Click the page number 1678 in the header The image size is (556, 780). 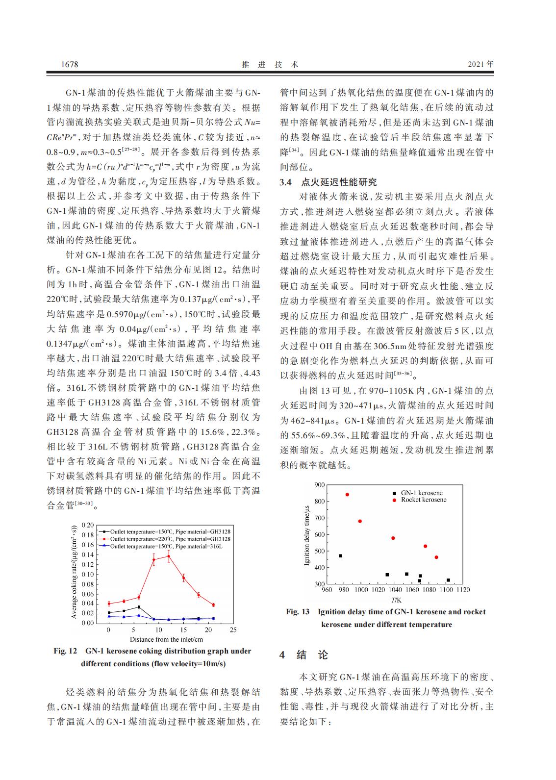69,64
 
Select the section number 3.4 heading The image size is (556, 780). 286,182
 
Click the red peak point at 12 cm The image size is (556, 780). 169,556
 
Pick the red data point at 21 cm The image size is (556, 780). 213,604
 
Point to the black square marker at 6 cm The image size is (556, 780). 139,607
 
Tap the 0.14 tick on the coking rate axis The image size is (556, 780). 88,554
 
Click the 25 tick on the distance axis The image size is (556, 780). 233,629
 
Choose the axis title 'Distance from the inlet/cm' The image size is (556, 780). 166,639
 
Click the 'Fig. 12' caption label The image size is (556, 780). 66,651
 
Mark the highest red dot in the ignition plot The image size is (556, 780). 347,494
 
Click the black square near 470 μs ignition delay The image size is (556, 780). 340,555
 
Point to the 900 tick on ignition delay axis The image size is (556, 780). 319,485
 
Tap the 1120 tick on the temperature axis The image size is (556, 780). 462,589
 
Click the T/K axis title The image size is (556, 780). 396,600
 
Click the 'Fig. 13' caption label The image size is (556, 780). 298,612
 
